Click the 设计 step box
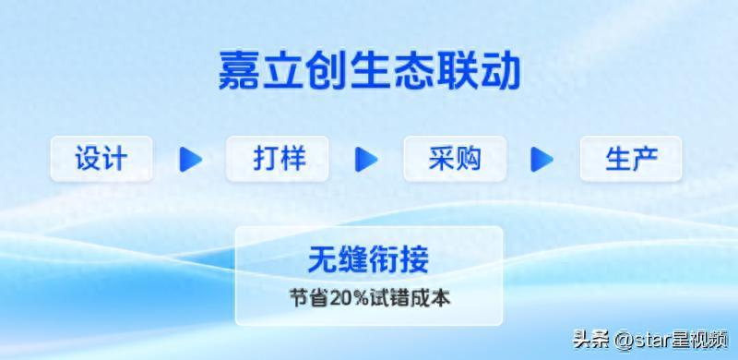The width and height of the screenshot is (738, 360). pos(101,159)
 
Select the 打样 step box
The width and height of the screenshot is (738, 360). pos(278,159)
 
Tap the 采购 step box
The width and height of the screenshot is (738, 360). pos(455,159)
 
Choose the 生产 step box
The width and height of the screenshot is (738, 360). pos(631,159)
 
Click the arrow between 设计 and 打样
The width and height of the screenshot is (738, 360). pos(190,159)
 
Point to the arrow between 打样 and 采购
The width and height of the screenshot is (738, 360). pos(366,159)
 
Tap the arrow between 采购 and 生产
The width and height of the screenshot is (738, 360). pos(542,159)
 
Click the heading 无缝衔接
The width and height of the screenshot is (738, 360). pos(368,259)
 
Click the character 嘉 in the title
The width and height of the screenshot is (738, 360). pos(239,71)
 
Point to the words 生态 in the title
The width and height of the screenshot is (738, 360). pos(369,71)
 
